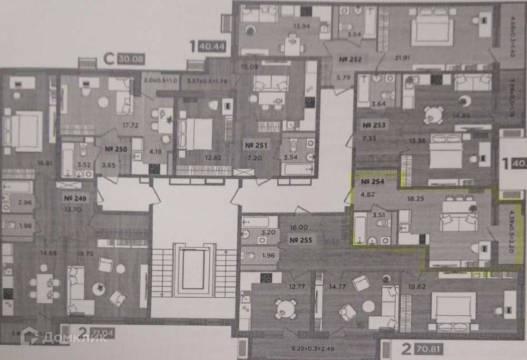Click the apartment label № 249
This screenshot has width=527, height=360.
pos(75,199)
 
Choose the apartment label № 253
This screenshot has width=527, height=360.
pos(374,125)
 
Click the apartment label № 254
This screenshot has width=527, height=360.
pos(373,182)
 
